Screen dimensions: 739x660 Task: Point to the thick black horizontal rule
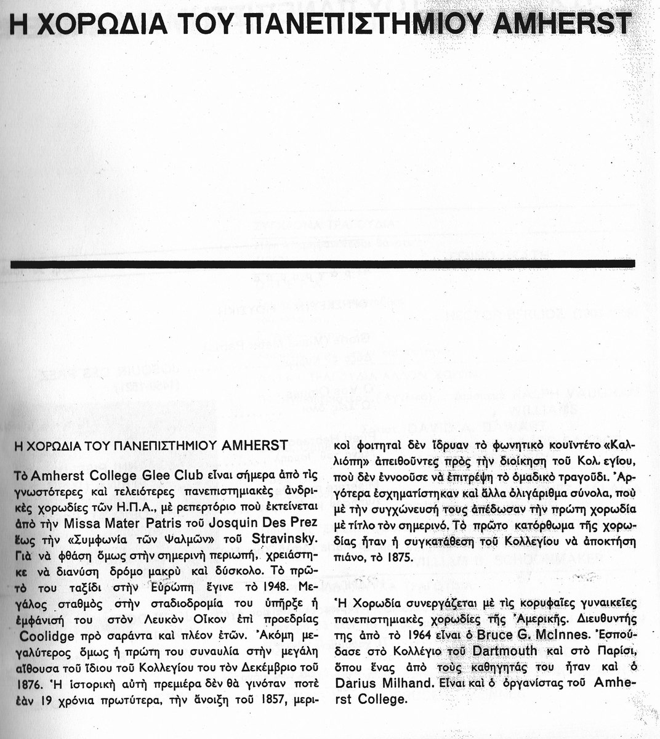[x=323, y=263]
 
